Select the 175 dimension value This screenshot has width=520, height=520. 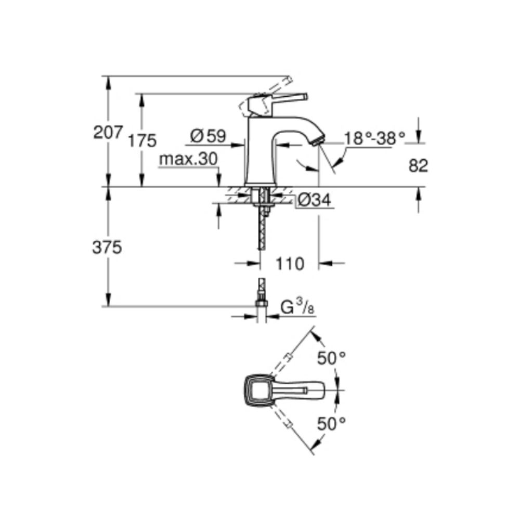click(142, 140)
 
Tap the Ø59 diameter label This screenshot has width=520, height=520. click(208, 136)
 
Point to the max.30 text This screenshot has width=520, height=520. click(188, 160)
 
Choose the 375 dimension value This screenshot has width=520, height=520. click(107, 248)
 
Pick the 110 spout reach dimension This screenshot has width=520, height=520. click(289, 264)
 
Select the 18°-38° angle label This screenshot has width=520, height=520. click(374, 138)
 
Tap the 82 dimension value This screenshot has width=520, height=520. click(418, 166)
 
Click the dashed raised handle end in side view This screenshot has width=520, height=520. click(286, 82)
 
